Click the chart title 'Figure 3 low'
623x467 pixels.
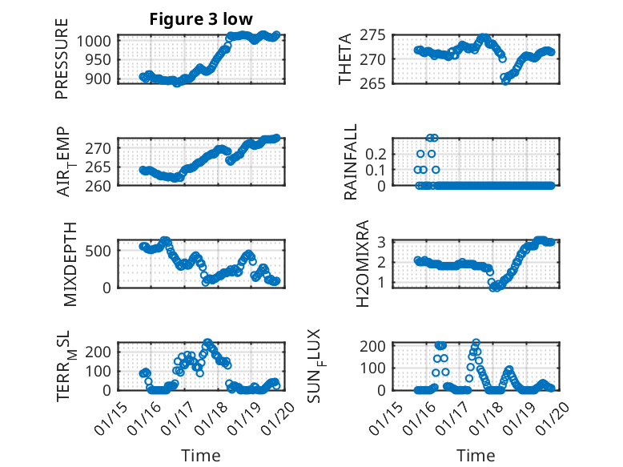tap(201, 20)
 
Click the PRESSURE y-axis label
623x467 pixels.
tap(62, 64)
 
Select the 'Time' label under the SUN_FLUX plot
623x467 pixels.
tap(476, 455)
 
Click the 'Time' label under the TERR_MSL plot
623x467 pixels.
tap(200, 455)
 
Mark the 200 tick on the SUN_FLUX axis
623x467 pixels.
tap(378, 345)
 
